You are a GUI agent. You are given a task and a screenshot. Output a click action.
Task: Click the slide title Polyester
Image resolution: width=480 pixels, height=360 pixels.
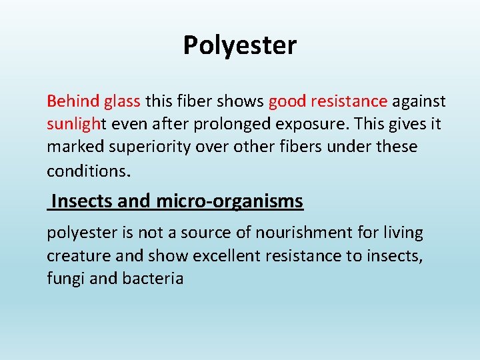[x=240, y=45]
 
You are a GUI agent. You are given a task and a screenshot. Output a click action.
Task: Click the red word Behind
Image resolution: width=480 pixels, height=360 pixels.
[x=73, y=101]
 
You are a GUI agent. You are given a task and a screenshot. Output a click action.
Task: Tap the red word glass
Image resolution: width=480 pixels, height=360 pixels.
[x=122, y=101]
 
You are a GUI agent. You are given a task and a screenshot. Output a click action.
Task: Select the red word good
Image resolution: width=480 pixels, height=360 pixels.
[x=286, y=101]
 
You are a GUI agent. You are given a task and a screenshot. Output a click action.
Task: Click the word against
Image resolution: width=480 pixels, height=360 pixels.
[x=419, y=101]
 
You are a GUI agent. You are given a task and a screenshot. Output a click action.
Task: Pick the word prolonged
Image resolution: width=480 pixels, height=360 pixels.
[x=217, y=125]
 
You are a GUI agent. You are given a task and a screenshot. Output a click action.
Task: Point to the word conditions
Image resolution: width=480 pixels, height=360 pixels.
[x=89, y=170]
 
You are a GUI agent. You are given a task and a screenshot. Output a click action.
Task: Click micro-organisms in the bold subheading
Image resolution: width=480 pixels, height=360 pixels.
[x=230, y=201]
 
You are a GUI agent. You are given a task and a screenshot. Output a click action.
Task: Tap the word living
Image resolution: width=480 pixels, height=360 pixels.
[x=401, y=233]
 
